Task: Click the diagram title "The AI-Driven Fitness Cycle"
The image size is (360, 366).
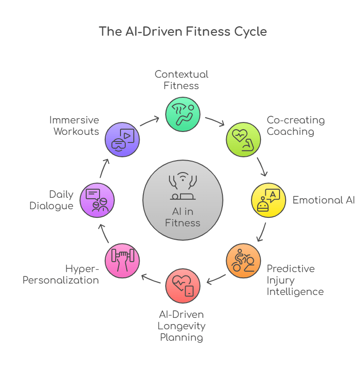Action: click(182, 32)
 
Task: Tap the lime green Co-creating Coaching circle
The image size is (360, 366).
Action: click(243, 139)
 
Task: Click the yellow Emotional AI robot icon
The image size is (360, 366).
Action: click(268, 200)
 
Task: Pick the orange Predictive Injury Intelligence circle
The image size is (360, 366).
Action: click(243, 261)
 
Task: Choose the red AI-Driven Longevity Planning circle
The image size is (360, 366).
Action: click(182, 286)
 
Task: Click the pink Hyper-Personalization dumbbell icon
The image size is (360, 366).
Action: click(122, 261)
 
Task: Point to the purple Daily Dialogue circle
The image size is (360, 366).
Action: click(97, 200)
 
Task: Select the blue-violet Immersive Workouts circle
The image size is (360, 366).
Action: click(122, 139)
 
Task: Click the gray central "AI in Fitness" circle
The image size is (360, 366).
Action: click(182, 200)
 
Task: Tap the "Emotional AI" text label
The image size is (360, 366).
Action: click(323, 200)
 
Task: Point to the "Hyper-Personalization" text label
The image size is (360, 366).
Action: click(61, 274)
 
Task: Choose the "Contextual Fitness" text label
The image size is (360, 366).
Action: click(181, 80)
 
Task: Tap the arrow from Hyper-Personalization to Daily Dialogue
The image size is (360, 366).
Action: click(104, 232)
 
